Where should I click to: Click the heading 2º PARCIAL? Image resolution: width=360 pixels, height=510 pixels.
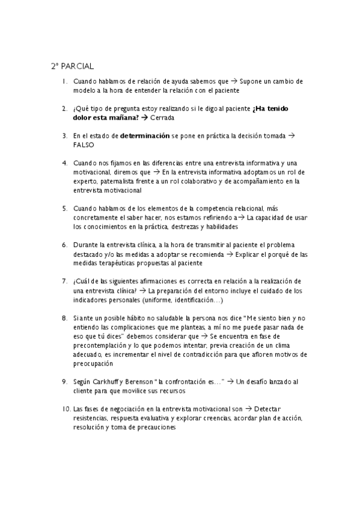click(x=72, y=66)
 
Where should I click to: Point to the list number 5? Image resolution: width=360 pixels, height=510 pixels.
click(x=64, y=209)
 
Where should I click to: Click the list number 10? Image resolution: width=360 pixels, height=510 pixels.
click(x=66, y=409)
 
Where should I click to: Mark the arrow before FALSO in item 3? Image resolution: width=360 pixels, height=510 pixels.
click(x=291, y=136)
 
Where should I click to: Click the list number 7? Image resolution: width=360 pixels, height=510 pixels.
click(x=64, y=281)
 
